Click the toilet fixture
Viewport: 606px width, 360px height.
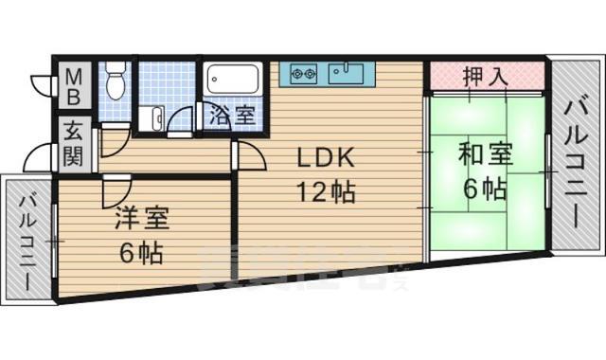tap(116, 81)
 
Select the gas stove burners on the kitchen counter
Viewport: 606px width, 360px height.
tap(304, 72)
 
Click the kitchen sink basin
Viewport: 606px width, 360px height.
tap(344, 72)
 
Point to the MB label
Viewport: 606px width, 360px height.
tap(74, 83)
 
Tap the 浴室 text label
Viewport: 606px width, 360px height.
tap(232, 117)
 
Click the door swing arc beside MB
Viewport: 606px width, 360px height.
tap(42, 83)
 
